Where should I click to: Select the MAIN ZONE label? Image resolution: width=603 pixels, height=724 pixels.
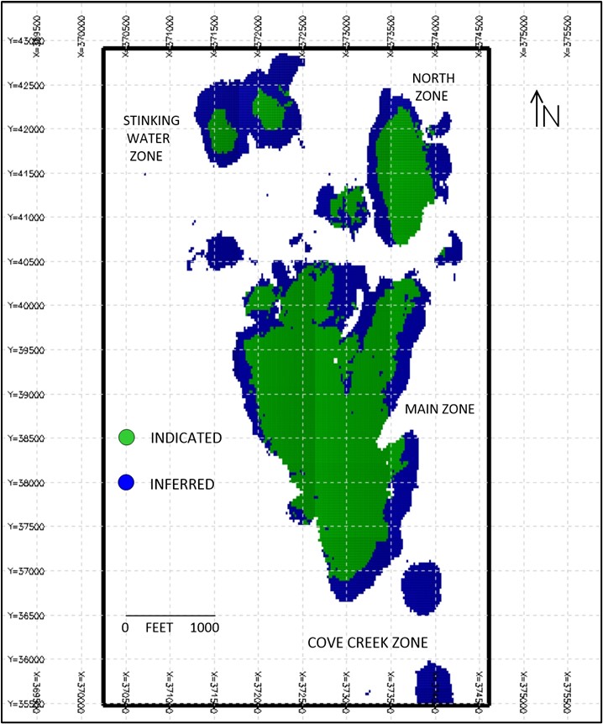(x=439, y=409)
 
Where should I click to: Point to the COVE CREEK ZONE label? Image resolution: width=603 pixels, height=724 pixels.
(x=367, y=643)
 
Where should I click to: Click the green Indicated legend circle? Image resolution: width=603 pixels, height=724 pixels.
(x=127, y=438)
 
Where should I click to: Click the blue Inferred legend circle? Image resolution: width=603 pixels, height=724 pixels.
(x=127, y=483)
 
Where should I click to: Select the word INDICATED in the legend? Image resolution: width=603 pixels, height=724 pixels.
(x=185, y=438)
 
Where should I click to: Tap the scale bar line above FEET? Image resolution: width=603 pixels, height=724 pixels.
(x=170, y=616)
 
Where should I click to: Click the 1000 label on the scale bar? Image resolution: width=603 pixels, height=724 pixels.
(x=202, y=627)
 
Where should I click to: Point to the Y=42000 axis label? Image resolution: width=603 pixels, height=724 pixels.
(x=24, y=129)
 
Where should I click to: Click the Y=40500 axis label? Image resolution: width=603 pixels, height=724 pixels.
(x=24, y=262)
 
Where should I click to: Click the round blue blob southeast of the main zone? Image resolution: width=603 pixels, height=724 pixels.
(x=421, y=586)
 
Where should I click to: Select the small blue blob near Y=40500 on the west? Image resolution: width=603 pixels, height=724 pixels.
(x=223, y=249)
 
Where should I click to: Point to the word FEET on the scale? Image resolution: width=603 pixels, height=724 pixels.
(x=159, y=627)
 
